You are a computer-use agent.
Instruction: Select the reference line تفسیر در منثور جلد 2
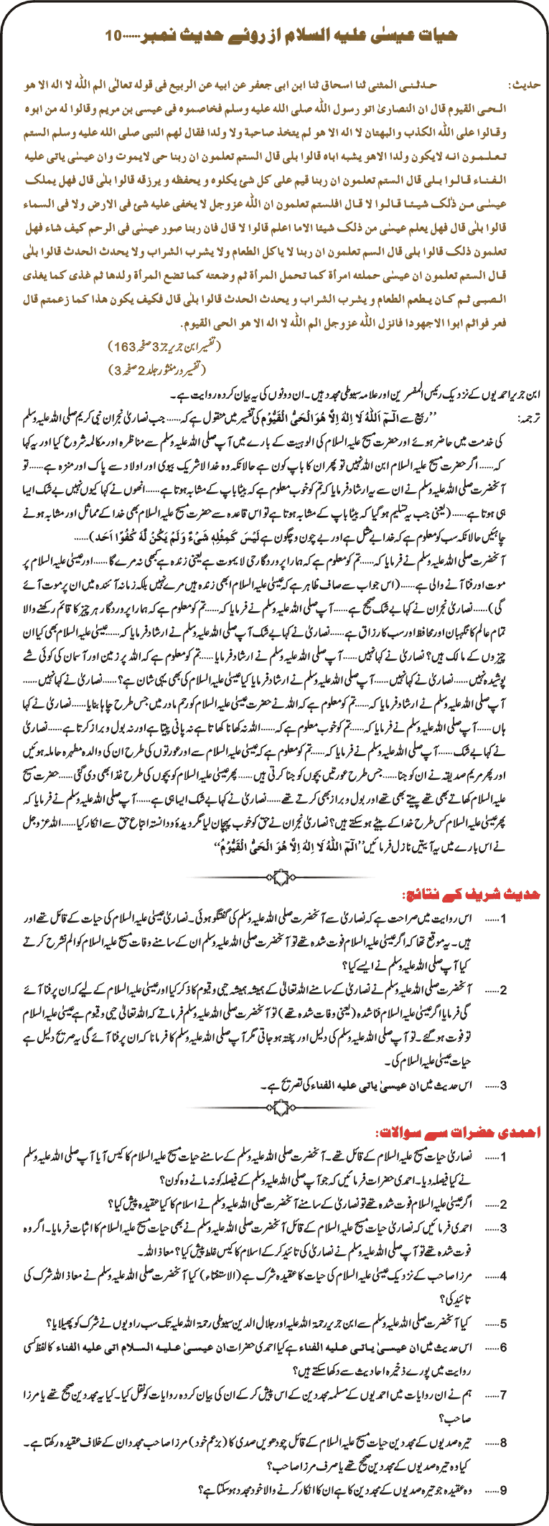tap(157, 369)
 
